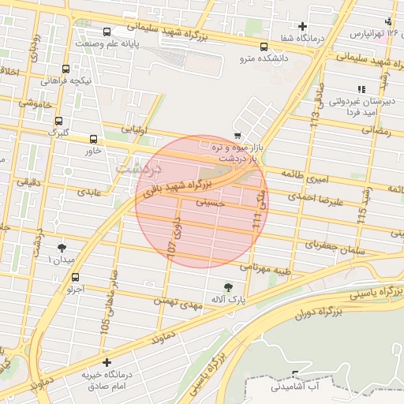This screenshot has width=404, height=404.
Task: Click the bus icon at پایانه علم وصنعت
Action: (107, 32)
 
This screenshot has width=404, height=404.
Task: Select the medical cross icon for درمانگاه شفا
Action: (302, 27)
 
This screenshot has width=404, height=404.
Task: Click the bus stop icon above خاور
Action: (94, 138)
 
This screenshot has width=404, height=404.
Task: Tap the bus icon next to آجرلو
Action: (75, 277)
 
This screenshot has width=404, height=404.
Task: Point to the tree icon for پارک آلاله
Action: (228, 286)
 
